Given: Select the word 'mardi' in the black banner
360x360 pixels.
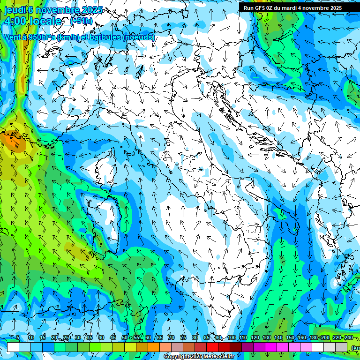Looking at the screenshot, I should point(294,8).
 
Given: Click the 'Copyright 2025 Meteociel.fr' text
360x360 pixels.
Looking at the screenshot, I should point(199,357).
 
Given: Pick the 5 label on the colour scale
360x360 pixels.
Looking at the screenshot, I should point(18,338).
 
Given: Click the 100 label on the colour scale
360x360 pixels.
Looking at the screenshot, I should point(232,338).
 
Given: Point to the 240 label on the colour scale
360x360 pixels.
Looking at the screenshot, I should point(348,338).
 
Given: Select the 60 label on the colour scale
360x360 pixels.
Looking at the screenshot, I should point(148,338).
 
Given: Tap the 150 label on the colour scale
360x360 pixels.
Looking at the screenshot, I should point(290,338).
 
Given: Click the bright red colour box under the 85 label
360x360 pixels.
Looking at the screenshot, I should point(212,347).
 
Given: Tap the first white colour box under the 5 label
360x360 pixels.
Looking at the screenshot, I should point(13,347).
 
